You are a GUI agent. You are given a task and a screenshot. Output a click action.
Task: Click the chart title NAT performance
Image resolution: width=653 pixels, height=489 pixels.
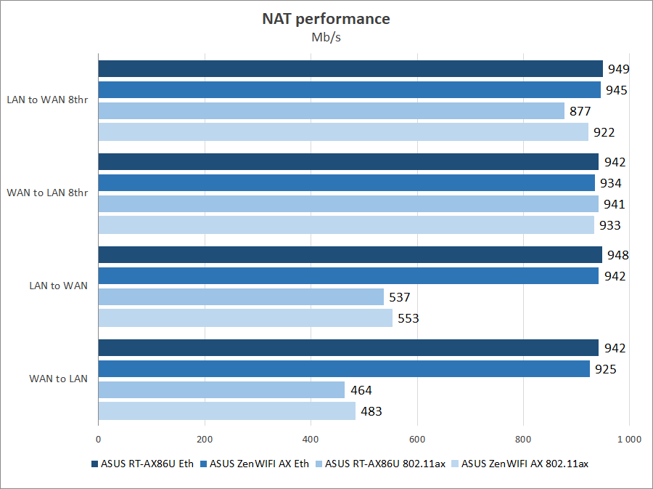point(326,19)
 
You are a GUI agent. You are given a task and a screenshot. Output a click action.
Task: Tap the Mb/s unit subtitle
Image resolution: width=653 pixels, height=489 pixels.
point(326,38)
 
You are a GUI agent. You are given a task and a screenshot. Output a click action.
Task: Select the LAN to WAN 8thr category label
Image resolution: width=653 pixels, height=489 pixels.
point(47,100)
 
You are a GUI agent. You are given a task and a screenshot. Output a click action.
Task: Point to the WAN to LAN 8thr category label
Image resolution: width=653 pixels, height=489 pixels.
point(47,193)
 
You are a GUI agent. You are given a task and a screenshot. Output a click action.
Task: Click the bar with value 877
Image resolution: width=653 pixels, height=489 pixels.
point(331,111)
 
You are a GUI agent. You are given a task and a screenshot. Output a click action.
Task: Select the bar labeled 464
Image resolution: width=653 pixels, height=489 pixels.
point(221,390)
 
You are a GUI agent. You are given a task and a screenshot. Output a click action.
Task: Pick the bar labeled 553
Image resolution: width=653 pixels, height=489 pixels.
point(245,318)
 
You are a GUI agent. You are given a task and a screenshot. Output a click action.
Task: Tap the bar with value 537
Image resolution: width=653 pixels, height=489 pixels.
point(241,297)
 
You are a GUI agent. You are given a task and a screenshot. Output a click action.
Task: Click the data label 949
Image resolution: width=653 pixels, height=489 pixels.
point(618,70)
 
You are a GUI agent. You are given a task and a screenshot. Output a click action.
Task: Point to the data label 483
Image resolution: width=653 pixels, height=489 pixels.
point(371,411)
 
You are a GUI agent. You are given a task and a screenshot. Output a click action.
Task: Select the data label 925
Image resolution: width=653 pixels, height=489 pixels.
point(605,370)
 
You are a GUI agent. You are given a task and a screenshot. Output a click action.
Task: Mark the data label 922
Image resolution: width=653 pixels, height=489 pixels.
point(604,132)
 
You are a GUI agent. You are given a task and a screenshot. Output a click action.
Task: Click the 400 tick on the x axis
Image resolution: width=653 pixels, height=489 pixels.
point(311,439)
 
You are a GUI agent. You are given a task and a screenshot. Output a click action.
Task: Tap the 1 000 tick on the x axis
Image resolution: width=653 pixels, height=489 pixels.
point(628,439)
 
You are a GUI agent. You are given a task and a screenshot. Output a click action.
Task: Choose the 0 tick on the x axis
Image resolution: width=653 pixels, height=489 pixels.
point(98,439)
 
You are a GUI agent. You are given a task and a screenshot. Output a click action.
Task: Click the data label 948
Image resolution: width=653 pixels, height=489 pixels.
point(618,255)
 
